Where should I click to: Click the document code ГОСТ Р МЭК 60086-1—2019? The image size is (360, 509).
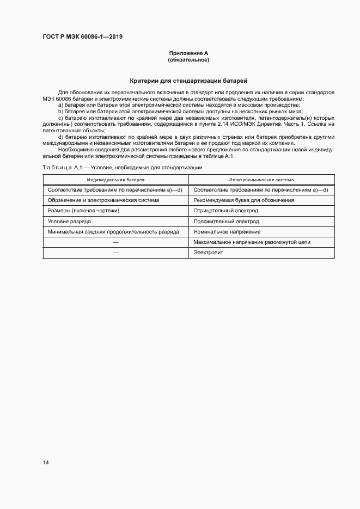82,37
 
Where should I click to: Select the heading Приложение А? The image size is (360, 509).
188,53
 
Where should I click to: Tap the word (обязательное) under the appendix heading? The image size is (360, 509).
188,59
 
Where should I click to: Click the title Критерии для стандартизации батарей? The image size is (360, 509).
188,80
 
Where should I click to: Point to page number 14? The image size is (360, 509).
46,463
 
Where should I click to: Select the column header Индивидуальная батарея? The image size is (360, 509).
115,179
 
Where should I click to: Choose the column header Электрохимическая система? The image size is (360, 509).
261,179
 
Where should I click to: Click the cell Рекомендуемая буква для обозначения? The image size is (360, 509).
243,200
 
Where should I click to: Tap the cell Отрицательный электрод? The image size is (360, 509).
226,211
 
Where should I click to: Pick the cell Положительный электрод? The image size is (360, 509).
226,222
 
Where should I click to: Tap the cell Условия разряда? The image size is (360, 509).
69,222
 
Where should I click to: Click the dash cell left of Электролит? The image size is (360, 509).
115,253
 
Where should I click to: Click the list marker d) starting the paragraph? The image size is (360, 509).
61,137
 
